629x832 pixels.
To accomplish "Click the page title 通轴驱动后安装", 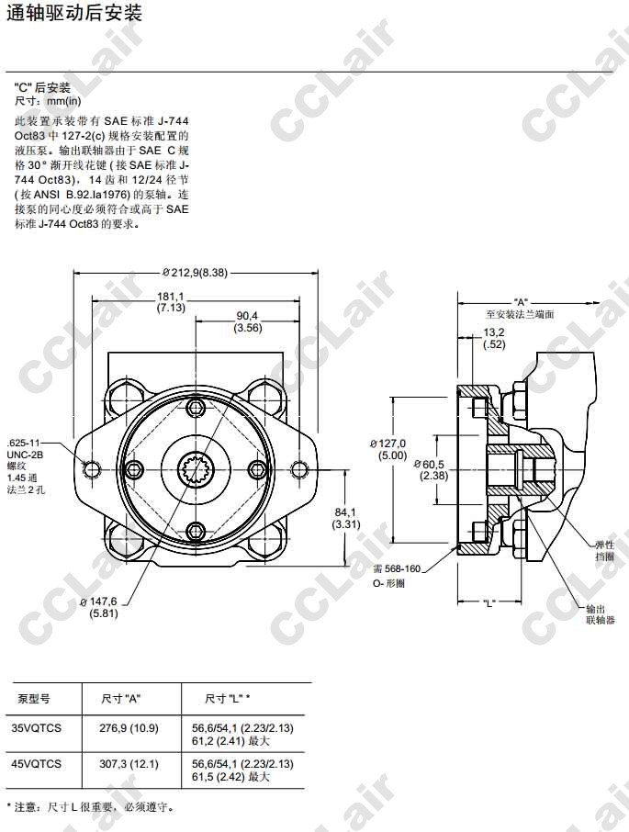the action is (x=74, y=13).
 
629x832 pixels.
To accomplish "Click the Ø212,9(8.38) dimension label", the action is (x=195, y=273).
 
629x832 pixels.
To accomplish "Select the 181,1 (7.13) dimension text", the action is (x=171, y=302).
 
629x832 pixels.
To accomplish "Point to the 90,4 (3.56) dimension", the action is (x=248, y=322).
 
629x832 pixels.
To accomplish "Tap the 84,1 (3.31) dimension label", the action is (x=346, y=519).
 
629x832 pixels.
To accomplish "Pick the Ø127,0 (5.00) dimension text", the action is (x=388, y=449).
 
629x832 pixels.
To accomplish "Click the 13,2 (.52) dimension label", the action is (x=494, y=339).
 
